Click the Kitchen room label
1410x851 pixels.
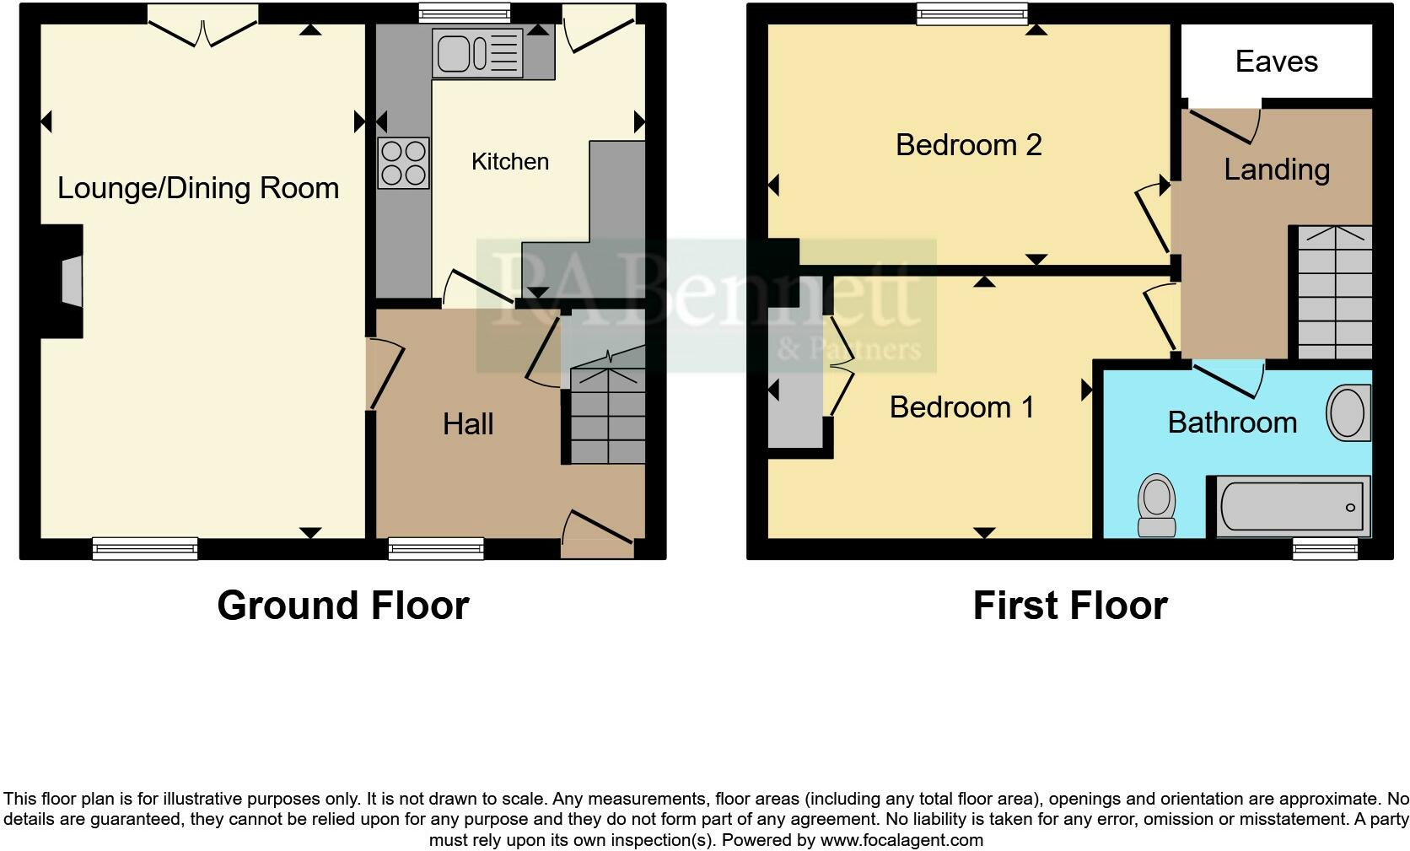(509, 161)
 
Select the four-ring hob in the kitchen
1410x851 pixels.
(403, 163)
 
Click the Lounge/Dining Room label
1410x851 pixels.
(198, 187)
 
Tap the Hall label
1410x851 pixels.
(468, 423)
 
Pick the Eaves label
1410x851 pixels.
(1276, 61)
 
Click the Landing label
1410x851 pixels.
(1277, 170)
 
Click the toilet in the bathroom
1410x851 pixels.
(1156, 504)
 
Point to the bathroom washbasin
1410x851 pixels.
(1348, 412)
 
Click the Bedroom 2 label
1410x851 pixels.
(968, 145)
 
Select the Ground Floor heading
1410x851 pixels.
(342, 606)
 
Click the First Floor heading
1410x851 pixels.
(1069, 606)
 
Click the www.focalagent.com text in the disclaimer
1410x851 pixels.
(901, 840)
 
